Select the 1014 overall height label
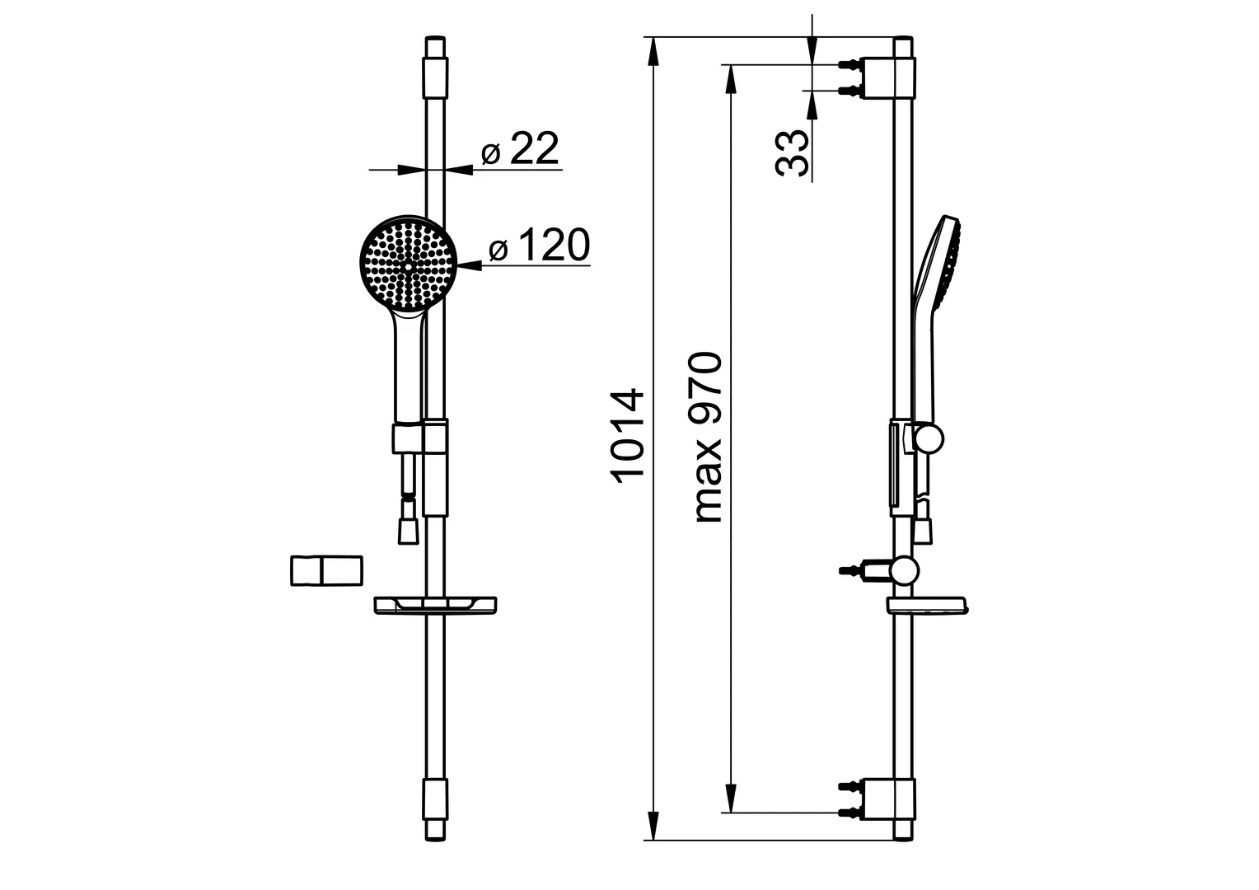click(x=627, y=435)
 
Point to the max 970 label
click(x=708, y=438)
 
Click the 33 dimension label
click(x=791, y=153)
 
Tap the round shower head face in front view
click(x=409, y=264)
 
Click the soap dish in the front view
click(x=436, y=606)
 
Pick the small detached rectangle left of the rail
click(x=326, y=570)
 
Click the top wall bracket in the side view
click(x=877, y=78)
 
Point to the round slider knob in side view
click(x=928, y=439)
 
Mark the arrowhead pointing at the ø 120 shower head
click(x=470, y=265)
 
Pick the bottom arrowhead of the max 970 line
click(x=730, y=798)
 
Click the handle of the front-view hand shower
click(x=409, y=365)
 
